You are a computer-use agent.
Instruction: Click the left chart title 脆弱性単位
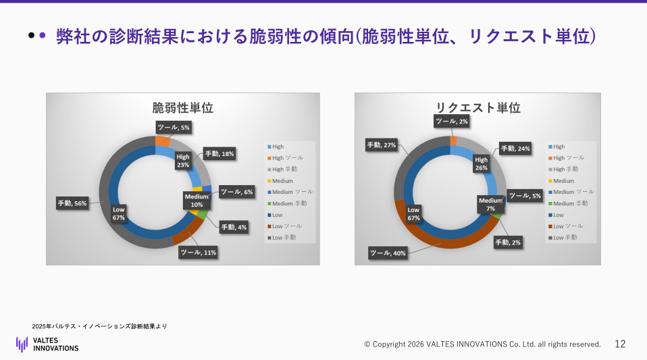182,108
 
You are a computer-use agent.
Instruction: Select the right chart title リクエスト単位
478,108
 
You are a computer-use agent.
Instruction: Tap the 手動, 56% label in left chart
72,203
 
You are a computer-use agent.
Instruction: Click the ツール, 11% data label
198,253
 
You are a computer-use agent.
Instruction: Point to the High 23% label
183,160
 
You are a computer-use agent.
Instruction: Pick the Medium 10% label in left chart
197,200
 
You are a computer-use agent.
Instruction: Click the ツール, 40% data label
388,253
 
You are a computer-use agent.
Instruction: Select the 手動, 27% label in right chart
381,145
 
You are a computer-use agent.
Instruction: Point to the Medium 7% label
491,204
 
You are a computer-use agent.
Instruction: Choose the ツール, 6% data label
236,192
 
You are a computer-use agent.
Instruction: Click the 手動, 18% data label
219,154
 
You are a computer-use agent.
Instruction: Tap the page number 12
620,344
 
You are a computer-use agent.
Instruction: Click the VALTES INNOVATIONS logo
47,344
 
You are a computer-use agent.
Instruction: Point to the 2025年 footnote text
99,326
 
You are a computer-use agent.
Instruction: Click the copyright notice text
482,344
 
